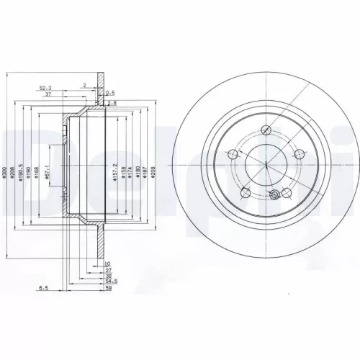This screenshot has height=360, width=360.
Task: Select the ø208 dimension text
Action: [x=14, y=169]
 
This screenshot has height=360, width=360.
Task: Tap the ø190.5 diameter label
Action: [x=22, y=169]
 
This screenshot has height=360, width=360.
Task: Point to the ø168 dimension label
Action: [x=37, y=170]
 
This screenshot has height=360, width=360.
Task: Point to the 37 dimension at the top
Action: [x=48, y=94]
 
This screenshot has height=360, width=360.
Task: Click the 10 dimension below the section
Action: [x=108, y=264]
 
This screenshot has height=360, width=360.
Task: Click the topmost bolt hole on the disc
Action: [x=266, y=130]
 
